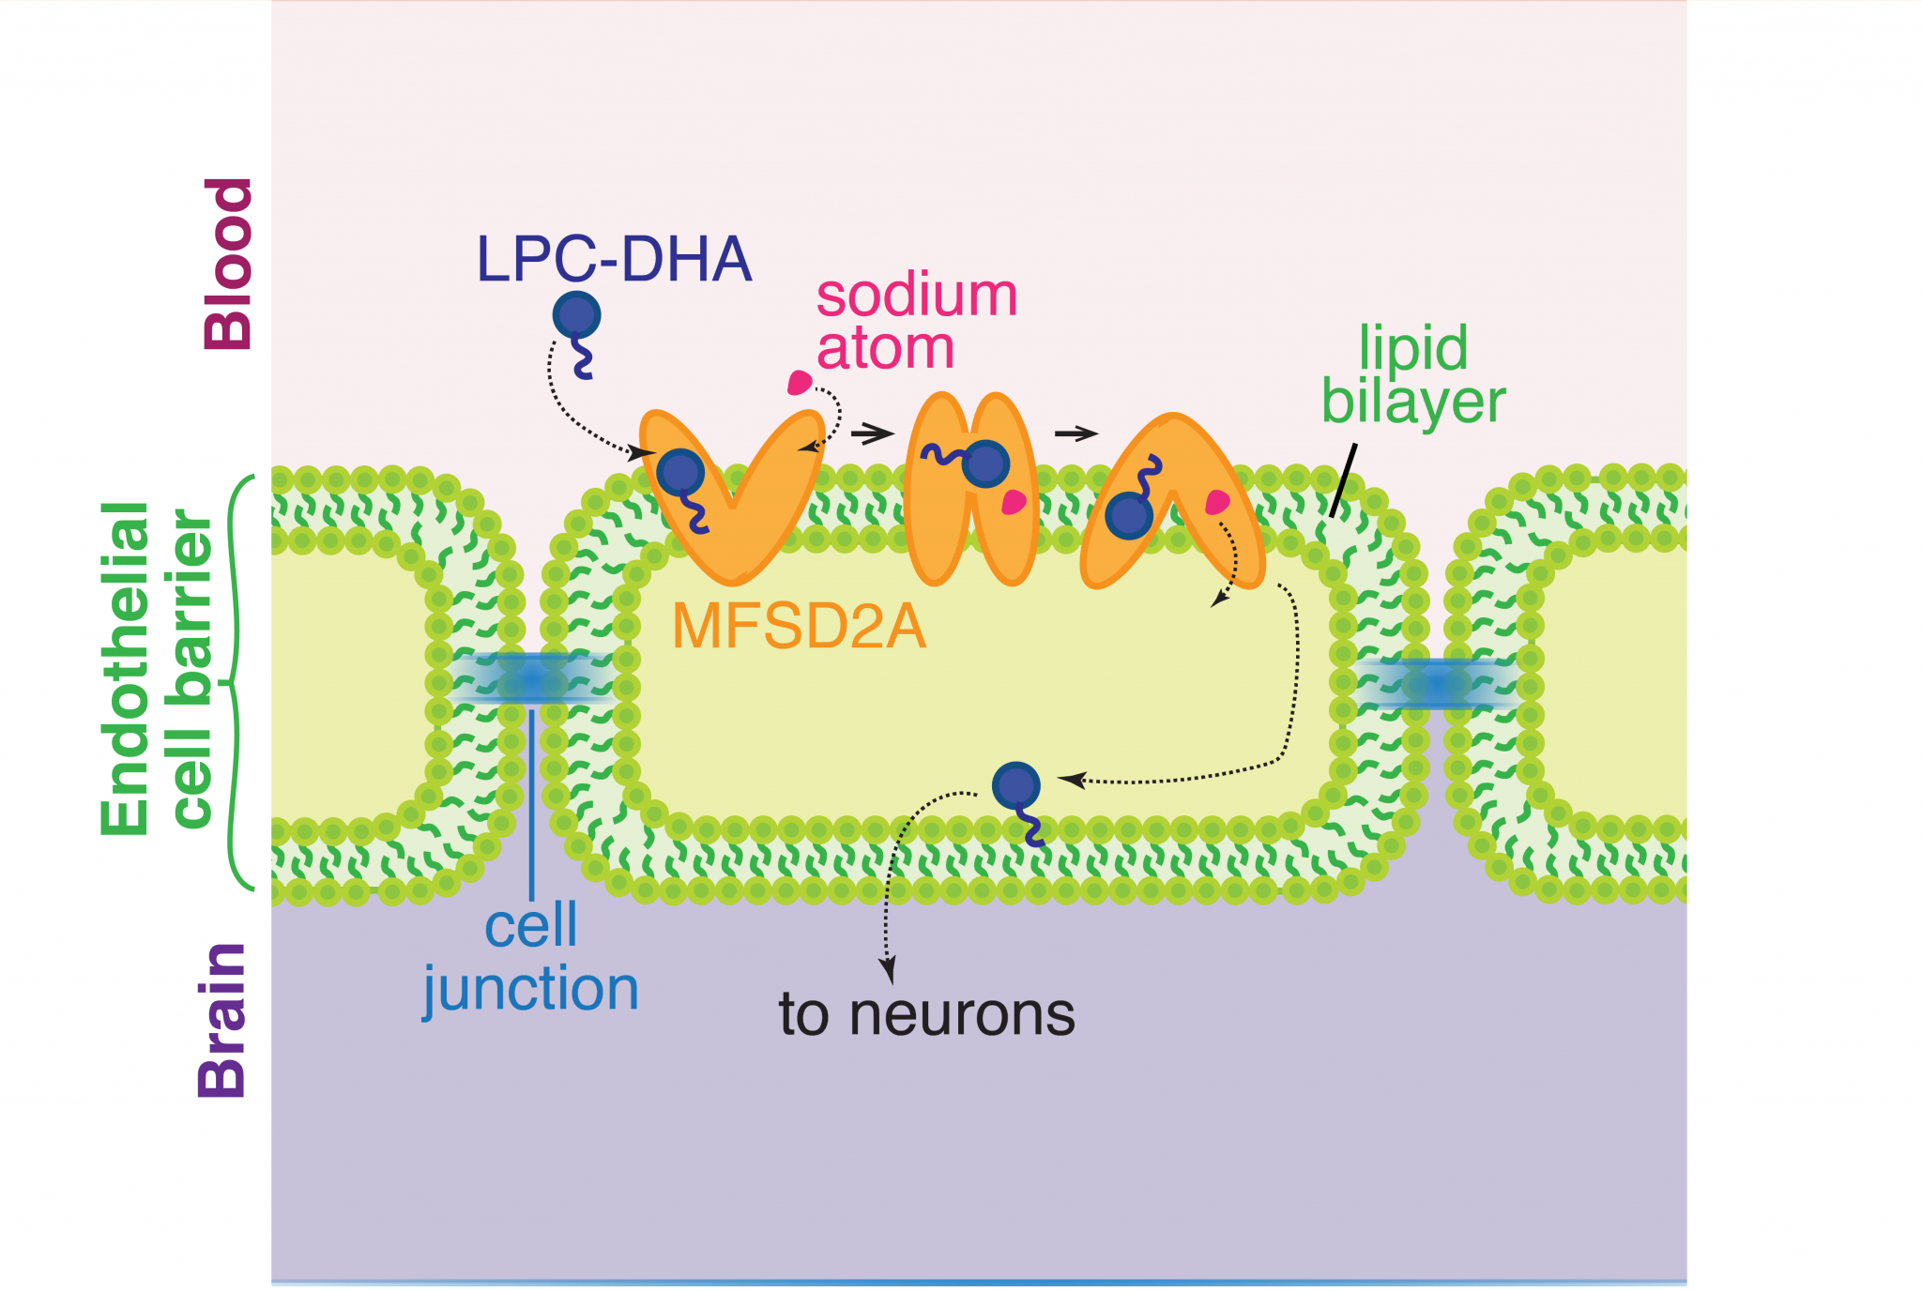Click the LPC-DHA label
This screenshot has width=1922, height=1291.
pos(615,259)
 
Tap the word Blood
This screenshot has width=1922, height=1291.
pos(229,264)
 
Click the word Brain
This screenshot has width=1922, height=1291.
pos(222,1020)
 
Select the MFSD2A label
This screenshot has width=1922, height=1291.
pos(799,627)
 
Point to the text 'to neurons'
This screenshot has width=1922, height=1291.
pos(926,1014)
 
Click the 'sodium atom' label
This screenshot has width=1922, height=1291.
pos(915,322)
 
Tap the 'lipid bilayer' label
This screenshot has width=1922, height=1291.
pos(1413,374)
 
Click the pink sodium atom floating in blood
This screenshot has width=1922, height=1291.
pos(799,383)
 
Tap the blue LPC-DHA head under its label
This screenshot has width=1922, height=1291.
pos(576,315)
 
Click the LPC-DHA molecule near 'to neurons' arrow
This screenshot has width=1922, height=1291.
pos(1016,786)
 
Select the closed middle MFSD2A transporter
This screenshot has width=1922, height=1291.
pos(970,490)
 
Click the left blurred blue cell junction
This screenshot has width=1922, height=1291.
pos(531,677)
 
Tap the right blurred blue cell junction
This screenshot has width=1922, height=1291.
pos(1436,683)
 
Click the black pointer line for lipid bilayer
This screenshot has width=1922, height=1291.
pos(1343,480)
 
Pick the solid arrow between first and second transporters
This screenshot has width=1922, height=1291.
pos(872,433)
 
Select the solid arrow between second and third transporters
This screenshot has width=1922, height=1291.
pos(1075,433)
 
